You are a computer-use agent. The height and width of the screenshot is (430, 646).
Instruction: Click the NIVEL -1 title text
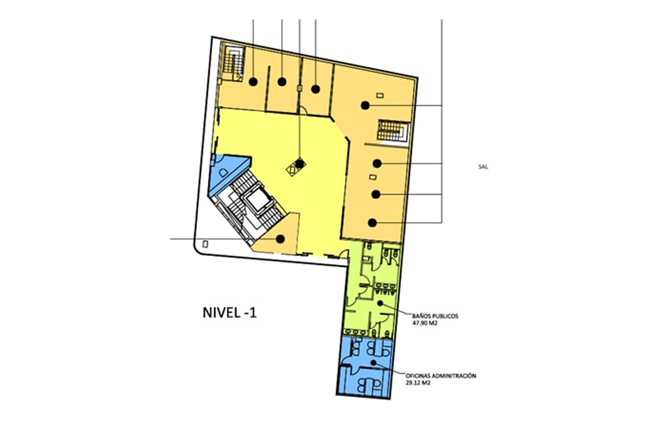click(229, 313)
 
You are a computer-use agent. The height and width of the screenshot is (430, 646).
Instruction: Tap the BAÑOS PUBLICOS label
click(436, 316)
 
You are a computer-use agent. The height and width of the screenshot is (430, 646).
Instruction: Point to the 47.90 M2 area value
click(425, 323)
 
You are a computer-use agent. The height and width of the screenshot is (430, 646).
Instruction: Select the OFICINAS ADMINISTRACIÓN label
click(441, 376)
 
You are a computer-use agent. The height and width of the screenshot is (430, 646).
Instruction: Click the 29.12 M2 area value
click(418, 383)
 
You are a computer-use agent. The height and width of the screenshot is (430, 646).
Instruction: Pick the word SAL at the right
click(483, 167)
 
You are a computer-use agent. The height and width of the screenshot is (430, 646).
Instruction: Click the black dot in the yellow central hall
click(300, 164)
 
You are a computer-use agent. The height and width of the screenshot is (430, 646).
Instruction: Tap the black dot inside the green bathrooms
click(380, 303)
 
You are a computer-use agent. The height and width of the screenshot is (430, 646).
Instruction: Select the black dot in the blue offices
click(374, 362)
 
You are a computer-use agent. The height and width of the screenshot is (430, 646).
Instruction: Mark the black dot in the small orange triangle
click(280, 239)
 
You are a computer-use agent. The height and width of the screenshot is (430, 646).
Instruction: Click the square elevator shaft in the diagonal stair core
click(257, 200)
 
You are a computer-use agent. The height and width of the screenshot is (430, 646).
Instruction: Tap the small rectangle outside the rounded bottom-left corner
click(205, 244)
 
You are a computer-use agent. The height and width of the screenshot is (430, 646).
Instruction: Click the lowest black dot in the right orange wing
click(373, 223)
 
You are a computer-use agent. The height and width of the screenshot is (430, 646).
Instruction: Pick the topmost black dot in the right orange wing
click(365, 106)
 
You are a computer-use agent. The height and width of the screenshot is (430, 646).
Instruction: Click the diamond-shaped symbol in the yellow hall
click(296, 167)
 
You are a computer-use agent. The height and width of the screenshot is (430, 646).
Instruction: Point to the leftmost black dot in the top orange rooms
click(253, 82)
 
